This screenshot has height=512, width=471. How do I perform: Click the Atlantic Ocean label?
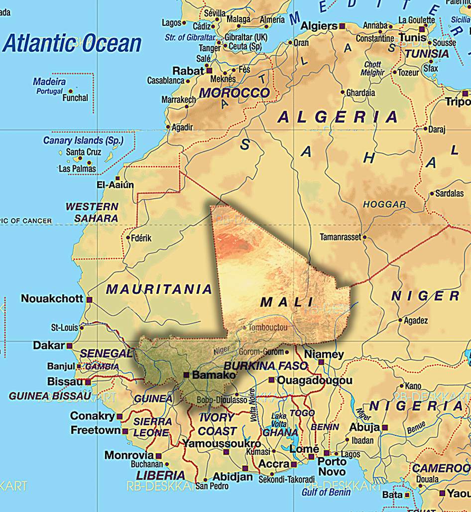pyautogui.click(x=72, y=44)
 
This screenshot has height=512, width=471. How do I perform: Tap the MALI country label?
pyautogui.click(x=287, y=302)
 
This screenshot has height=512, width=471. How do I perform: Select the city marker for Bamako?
pyautogui.click(x=186, y=375)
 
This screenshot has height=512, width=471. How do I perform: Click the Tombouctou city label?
pyautogui.click(x=268, y=327)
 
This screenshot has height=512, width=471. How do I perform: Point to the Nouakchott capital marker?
pyautogui.click(x=89, y=300)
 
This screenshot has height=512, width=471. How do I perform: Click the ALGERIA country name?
pyautogui.click(x=338, y=117)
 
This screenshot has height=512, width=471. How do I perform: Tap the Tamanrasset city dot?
pyautogui.click(x=365, y=238)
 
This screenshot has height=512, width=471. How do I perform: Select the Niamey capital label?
pyautogui.click(x=324, y=354)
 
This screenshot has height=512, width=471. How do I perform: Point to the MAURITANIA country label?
pyautogui.click(x=159, y=289)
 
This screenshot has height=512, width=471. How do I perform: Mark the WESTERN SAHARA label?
pyautogui.click(x=93, y=212)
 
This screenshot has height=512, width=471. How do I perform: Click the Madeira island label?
pyautogui.click(x=50, y=81)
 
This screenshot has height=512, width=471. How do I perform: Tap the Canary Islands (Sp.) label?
pyautogui.click(x=83, y=140)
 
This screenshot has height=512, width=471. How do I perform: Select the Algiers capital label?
pyautogui.click(x=319, y=26)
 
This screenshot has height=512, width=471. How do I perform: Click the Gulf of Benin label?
pyautogui.click(x=326, y=492)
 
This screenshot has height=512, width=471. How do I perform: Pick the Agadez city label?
pyautogui.click(x=416, y=320)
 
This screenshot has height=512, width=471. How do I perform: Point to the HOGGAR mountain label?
pyautogui.click(x=384, y=204)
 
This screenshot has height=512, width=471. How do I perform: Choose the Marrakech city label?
pyautogui.click(x=178, y=100)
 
